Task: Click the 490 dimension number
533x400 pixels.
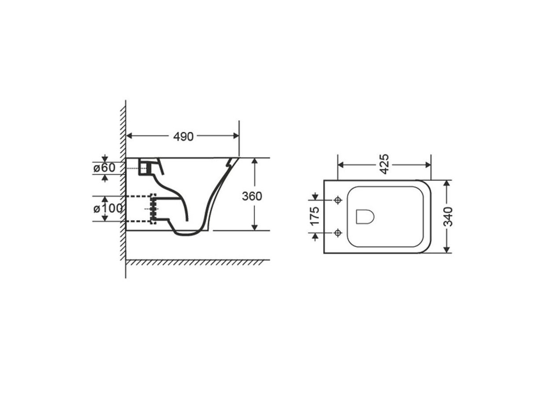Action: click(x=183, y=136)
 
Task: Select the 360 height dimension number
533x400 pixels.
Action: click(x=252, y=196)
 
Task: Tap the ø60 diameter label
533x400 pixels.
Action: click(x=104, y=168)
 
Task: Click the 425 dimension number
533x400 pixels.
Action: click(x=384, y=164)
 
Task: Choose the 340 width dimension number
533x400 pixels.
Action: click(x=448, y=217)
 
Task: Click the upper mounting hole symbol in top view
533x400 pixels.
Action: click(x=338, y=200)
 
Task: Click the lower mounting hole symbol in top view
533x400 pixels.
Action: click(x=338, y=233)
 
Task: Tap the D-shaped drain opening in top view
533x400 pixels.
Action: click(x=365, y=217)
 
